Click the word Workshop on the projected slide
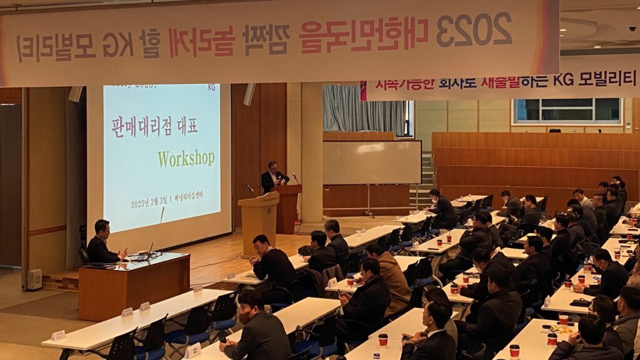(x=186, y=158)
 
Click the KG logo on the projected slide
(x=211, y=87)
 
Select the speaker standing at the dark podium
(x=272, y=176)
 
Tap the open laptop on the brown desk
(x=144, y=254)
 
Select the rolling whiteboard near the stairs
(x=371, y=162)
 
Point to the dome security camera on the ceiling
(x=632, y=28)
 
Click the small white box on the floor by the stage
(x=34, y=279)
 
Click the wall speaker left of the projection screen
(x=75, y=94)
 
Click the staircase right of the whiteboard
(x=426, y=181)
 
